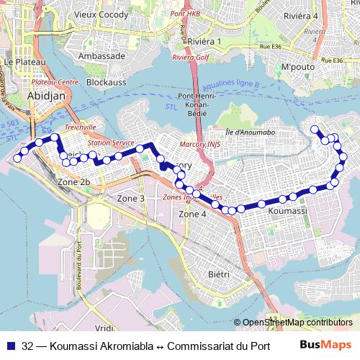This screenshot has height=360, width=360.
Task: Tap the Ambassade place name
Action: pyautogui.click(x=102, y=55)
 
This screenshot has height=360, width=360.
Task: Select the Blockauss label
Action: pyautogui.click(x=106, y=82)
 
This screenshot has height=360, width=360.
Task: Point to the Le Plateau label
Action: pyautogui.click(x=19, y=63)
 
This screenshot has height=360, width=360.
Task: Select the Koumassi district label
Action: pyautogui.click(x=287, y=212)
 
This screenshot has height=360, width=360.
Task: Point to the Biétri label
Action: pyautogui.click(x=218, y=274)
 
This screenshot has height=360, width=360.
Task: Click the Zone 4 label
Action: pyautogui.click(x=192, y=214)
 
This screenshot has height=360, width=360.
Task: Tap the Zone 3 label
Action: pyautogui.click(x=131, y=198)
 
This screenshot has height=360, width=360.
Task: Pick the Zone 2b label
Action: pyautogui.click(x=73, y=182)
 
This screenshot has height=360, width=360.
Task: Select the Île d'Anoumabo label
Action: pyautogui.click(x=250, y=131)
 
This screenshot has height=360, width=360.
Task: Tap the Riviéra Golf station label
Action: pyautogui.click(x=189, y=57)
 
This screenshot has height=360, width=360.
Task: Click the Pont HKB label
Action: pyautogui.click(x=185, y=14)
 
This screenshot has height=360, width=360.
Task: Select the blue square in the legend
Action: pyautogui.click(x=11, y=345)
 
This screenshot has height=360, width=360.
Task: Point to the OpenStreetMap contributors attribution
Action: pyautogui.click(x=297, y=323)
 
